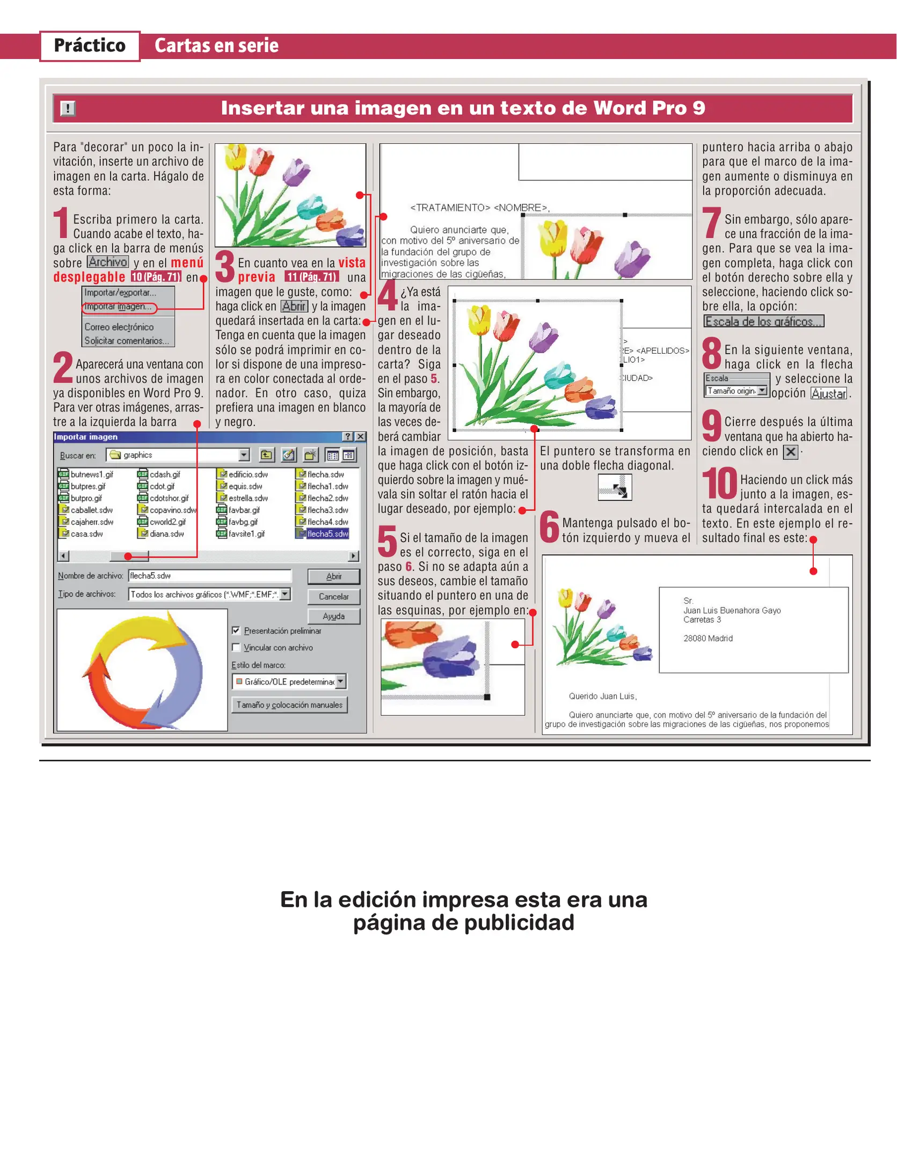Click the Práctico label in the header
pyautogui.click(x=90, y=46)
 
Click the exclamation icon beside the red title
pyautogui.click(x=68, y=109)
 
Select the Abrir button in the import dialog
pyautogui.click(x=333, y=576)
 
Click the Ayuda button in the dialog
pyautogui.click(x=333, y=616)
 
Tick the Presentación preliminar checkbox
pyautogui.click(x=236, y=630)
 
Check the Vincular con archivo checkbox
pyautogui.click(x=236, y=647)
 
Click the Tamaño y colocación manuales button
pyautogui.click(x=289, y=705)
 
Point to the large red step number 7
pyautogui.click(x=712, y=223)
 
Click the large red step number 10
pyautogui.click(x=720, y=483)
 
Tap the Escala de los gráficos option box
pyautogui.click(x=763, y=321)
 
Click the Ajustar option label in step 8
pyautogui.click(x=828, y=393)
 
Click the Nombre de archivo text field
pyautogui.click(x=209, y=576)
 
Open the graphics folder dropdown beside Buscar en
pyautogui.click(x=244, y=455)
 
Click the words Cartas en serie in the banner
pyautogui.click(x=216, y=46)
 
